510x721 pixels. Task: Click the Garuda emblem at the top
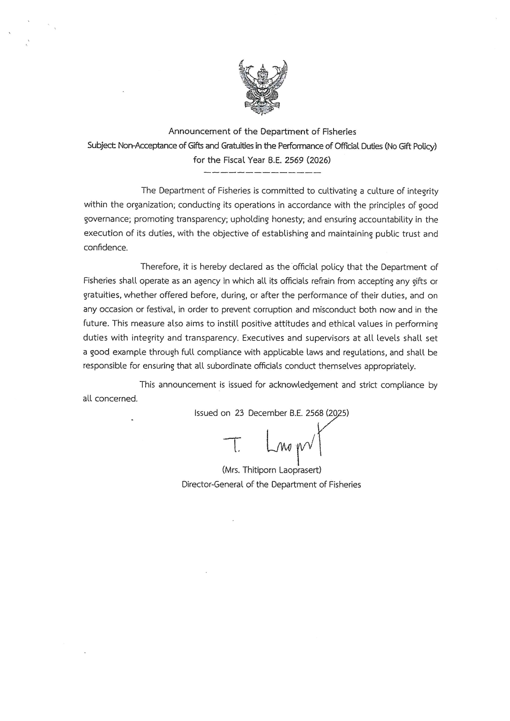(x=262, y=87)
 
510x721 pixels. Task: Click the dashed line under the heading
(x=262, y=171)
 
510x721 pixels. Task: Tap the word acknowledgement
(x=304, y=385)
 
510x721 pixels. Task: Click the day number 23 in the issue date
(x=239, y=413)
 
